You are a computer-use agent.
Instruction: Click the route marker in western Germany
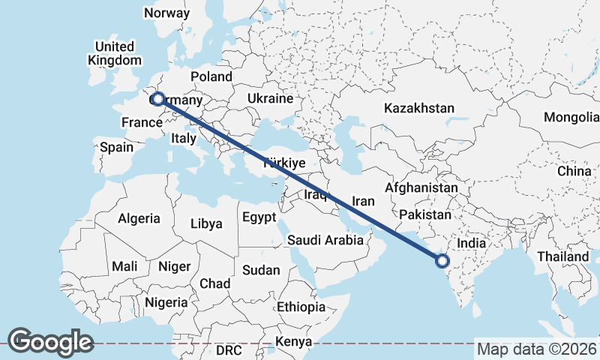158,99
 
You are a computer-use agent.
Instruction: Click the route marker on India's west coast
442,261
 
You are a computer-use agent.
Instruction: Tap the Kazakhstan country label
419,109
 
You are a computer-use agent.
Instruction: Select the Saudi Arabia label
326,241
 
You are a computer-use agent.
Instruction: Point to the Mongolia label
571,118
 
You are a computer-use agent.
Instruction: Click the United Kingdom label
114,53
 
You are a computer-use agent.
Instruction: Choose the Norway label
167,13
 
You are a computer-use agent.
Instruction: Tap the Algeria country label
139,218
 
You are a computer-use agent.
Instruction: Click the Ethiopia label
301,307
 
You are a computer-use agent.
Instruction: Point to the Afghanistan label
421,187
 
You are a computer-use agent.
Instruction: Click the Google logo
49,342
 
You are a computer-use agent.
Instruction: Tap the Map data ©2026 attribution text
537,349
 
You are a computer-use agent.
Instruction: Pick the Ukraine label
270,99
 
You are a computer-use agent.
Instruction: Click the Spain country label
116,148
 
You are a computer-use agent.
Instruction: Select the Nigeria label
166,302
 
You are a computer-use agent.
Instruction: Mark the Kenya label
293,342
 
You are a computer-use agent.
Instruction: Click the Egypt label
260,217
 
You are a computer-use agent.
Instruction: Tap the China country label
574,172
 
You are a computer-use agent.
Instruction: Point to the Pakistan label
424,215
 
